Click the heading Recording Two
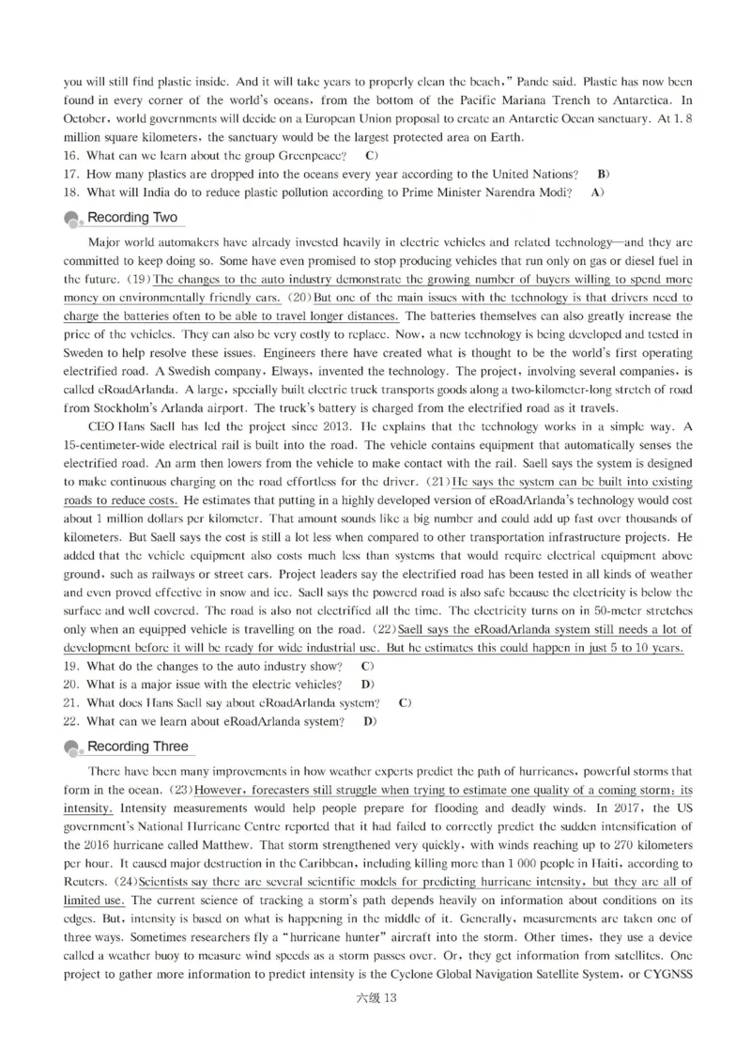131,218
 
